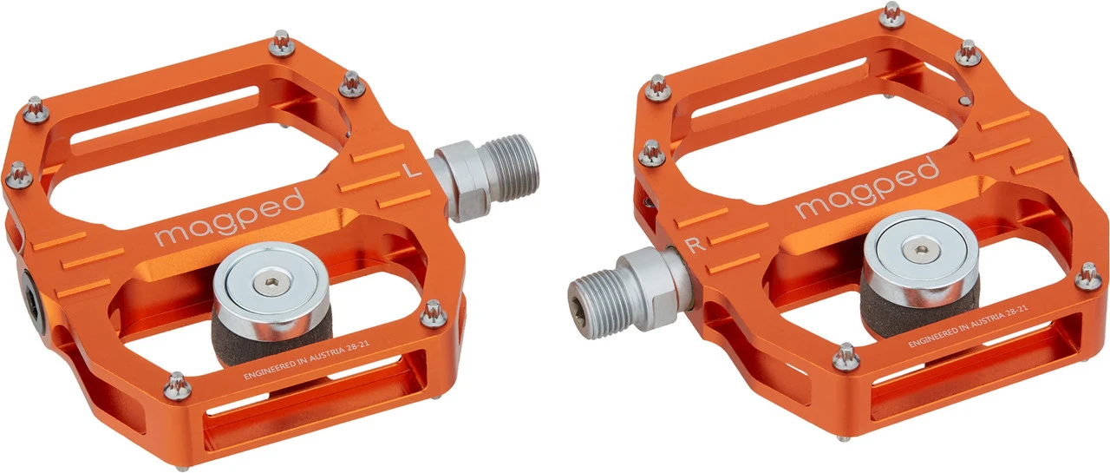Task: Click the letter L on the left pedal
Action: pyautogui.click(x=414, y=172)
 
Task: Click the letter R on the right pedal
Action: pyautogui.click(x=695, y=245)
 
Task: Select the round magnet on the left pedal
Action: pyautogui.click(x=261, y=282)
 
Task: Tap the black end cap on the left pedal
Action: pyautogui.click(x=31, y=299)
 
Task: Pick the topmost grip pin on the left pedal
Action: pyautogui.click(x=281, y=41)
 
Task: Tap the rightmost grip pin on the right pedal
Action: pyautogui.click(x=1087, y=276)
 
